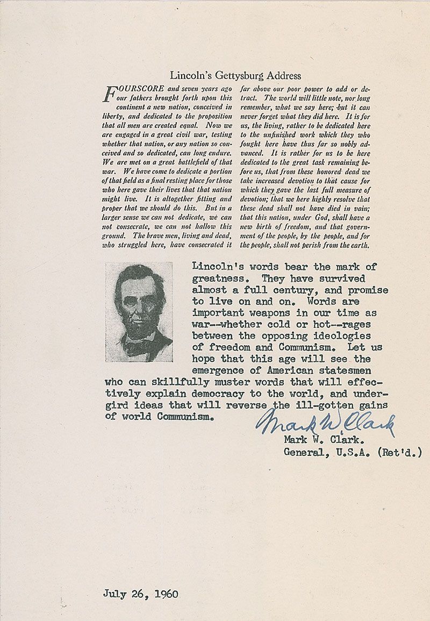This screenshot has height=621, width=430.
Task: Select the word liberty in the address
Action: coord(113,116)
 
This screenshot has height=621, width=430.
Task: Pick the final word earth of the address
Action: coord(359,245)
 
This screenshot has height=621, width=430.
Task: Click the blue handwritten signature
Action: coord(326,421)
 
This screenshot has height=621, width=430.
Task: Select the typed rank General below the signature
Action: coord(304,452)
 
